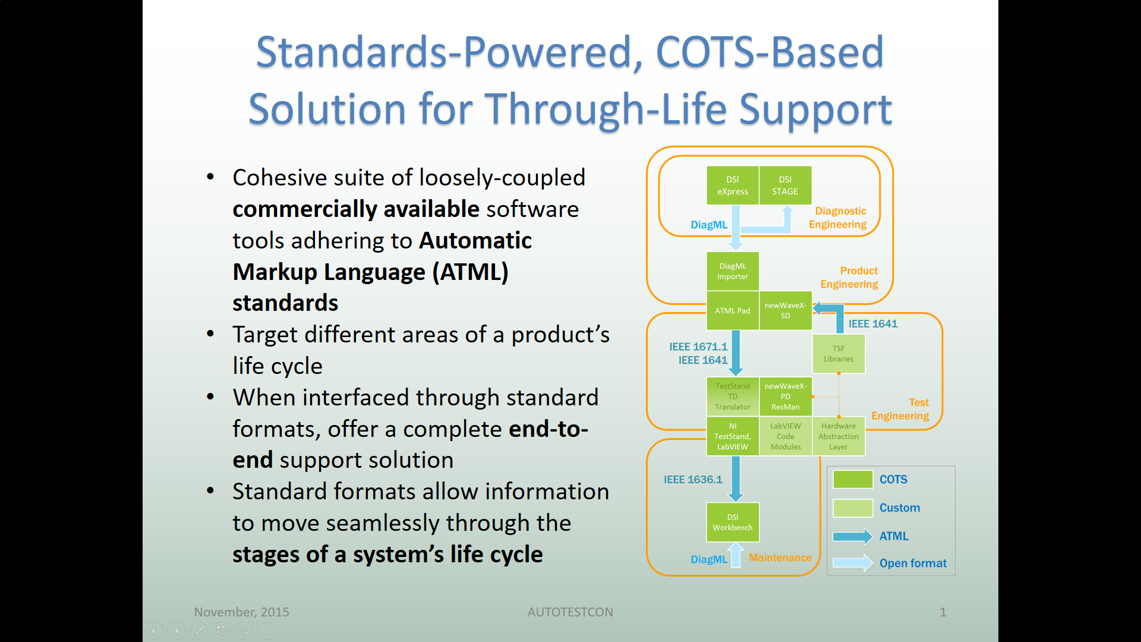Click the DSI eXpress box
(732, 185)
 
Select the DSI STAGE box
(785, 185)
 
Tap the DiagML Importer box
(732, 271)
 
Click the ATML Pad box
(732, 310)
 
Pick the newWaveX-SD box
(785, 310)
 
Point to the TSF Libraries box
(838, 354)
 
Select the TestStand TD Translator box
(732, 396)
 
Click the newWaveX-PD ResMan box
(785, 396)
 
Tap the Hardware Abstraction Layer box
(838, 436)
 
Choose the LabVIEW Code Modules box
(785, 436)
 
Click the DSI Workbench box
(732, 522)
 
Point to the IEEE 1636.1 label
(693, 479)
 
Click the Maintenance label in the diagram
(780, 558)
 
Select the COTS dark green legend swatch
(852, 479)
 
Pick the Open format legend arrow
(852, 563)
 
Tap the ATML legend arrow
(852, 536)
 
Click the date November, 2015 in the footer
(241, 612)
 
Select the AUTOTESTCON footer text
(570, 612)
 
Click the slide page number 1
(943, 612)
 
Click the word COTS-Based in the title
(770, 52)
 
